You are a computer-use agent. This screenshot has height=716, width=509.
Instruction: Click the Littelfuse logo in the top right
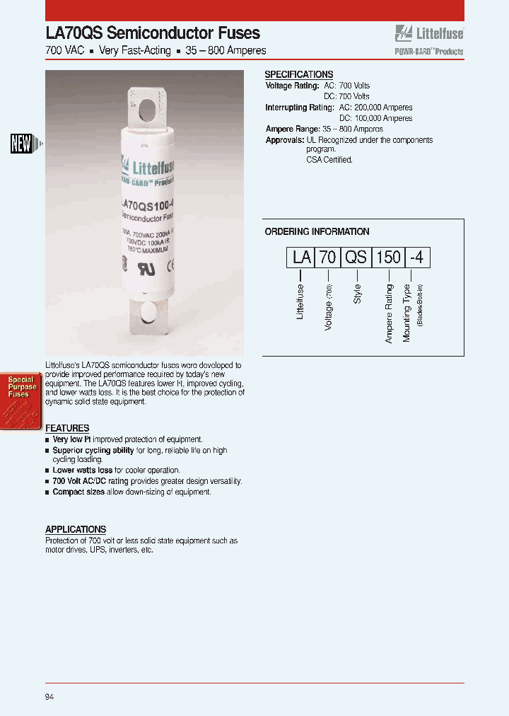[x=429, y=33]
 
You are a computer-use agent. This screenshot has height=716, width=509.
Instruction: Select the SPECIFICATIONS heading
[x=298, y=74]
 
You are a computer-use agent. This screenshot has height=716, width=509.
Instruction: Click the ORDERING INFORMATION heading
[x=317, y=231]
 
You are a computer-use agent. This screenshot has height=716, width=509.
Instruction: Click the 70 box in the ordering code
[x=327, y=258]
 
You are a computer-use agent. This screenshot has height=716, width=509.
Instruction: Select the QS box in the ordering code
[x=356, y=258]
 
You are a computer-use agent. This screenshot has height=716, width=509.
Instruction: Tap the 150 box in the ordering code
[x=387, y=258]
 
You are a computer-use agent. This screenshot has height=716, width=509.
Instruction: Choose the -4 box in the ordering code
[x=416, y=258]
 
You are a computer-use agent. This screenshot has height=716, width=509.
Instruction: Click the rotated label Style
[x=358, y=294]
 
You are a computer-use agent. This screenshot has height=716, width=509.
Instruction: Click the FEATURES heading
[x=67, y=428]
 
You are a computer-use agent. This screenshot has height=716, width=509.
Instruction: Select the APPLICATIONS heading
[x=76, y=529]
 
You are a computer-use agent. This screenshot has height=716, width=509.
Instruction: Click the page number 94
[x=49, y=697]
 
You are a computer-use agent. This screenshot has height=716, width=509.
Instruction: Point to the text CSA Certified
[x=329, y=160]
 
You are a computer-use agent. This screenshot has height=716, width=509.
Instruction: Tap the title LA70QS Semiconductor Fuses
[x=153, y=33]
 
